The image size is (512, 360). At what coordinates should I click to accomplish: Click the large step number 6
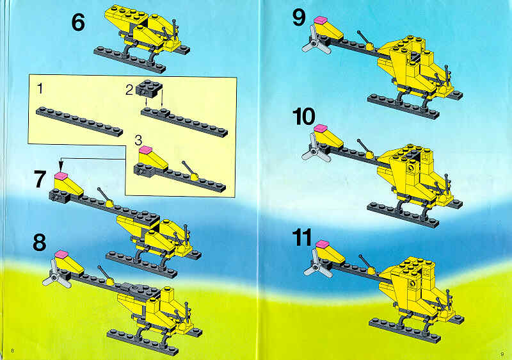point(78,22)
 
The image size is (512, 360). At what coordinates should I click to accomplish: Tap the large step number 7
point(40,179)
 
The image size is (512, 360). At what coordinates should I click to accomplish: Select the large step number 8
point(40,242)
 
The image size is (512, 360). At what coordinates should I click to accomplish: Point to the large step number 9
point(299,18)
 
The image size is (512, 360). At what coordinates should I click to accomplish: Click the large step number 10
point(303,117)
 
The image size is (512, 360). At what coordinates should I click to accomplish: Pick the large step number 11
point(302,238)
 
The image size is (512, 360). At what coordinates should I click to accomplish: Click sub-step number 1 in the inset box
point(40,88)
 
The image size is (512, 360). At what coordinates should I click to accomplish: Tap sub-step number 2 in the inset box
point(129,90)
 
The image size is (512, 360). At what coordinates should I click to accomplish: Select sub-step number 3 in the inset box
point(138,140)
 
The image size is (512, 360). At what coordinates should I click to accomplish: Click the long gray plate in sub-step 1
point(79,121)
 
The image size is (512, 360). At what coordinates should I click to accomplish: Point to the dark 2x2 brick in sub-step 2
point(149,88)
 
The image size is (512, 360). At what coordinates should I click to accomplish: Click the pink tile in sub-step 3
point(146,150)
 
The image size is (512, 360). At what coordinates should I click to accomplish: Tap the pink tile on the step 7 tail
point(61,176)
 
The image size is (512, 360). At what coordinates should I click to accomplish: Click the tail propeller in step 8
point(56,277)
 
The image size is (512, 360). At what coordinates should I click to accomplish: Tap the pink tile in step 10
point(321,128)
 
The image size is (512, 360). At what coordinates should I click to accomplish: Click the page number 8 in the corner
point(12,351)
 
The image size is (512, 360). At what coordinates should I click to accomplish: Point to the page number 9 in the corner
point(502,353)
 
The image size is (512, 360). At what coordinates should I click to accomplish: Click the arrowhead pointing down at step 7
point(61,163)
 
